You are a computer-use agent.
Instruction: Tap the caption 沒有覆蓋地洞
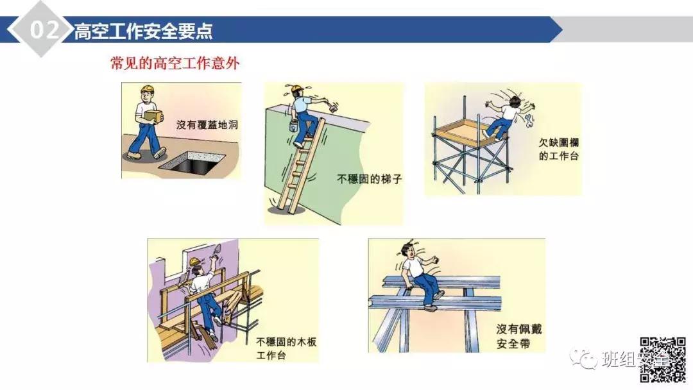tap(207, 125)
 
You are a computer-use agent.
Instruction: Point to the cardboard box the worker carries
tap(153, 116)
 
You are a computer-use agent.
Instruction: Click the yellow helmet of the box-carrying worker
tap(149, 89)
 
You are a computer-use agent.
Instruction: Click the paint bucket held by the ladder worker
tap(293, 124)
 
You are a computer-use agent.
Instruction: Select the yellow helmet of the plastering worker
tap(194, 261)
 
